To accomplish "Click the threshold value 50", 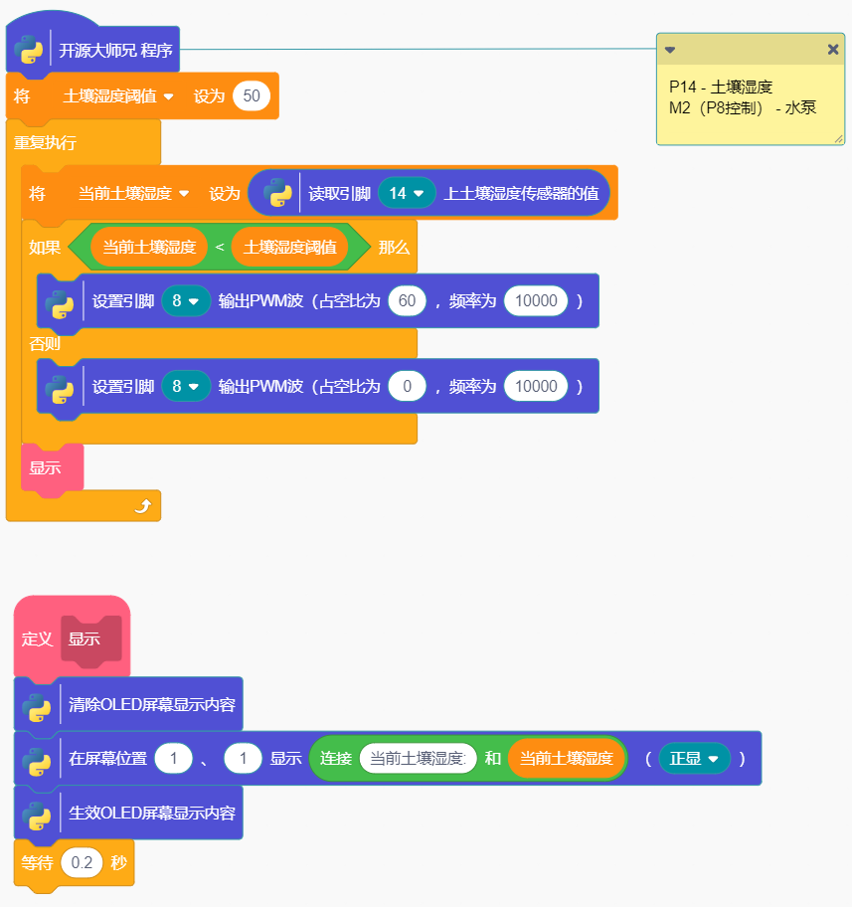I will pyautogui.click(x=252, y=96).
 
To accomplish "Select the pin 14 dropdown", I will pyautogui.click(x=407, y=193).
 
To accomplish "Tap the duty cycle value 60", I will pyautogui.click(x=407, y=300).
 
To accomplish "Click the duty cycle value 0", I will pyautogui.click(x=407, y=386).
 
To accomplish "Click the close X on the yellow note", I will pyautogui.click(x=833, y=50).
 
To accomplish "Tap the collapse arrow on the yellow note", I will pyautogui.click(x=670, y=50).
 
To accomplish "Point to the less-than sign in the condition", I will pyautogui.click(x=220, y=248).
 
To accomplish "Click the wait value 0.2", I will pyautogui.click(x=82, y=863).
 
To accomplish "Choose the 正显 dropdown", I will pyautogui.click(x=694, y=759).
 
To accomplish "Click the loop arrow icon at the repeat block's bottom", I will pyautogui.click(x=142, y=506).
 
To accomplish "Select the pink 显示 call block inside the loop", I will pyautogui.click(x=46, y=467).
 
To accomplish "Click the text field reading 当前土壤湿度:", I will pyautogui.click(x=418, y=759).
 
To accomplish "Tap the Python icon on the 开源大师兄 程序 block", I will pyautogui.click(x=29, y=50).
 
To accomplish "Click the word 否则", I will pyautogui.click(x=44, y=344).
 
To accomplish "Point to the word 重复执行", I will pyautogui.click(x=46, y=142).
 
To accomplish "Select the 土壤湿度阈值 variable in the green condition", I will pyautogui.click(x=289, y=248).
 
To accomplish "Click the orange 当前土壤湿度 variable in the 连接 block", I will pyautogui.click(x=566, y=759).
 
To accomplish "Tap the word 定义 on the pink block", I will pyautogui.click(x=37, y=639).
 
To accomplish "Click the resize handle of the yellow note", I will pyautogui.click(x=838, y=139).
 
